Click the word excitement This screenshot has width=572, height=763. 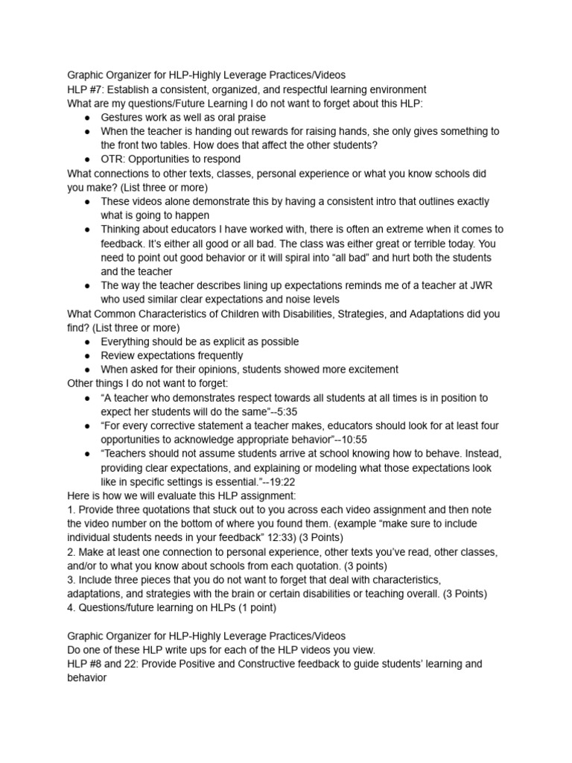click(368, 370)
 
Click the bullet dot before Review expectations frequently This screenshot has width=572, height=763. click(88, 355)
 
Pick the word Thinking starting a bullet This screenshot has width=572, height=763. click(123, 229)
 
